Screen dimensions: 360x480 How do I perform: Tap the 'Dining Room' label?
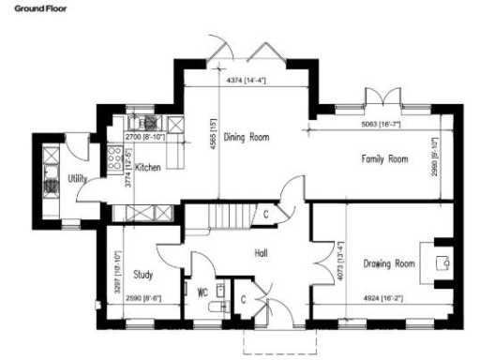coord(247,137)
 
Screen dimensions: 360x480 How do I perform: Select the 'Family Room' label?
coord(385,159)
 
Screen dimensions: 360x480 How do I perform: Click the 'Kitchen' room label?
coord(149,168)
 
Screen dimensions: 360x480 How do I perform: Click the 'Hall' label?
coord(262,252)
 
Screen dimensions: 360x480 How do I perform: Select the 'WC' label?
coord(201,290)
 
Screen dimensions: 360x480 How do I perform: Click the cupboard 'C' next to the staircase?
coord(267,214)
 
